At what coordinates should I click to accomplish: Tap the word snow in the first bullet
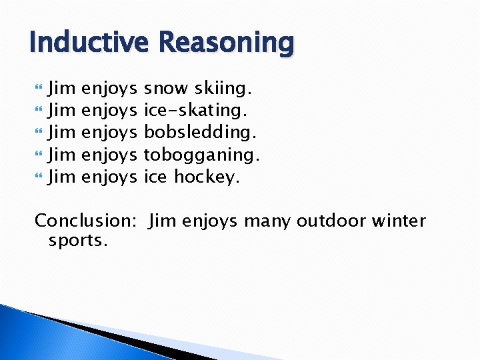tap(167, 87)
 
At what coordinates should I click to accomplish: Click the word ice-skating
tap(198, 110)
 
